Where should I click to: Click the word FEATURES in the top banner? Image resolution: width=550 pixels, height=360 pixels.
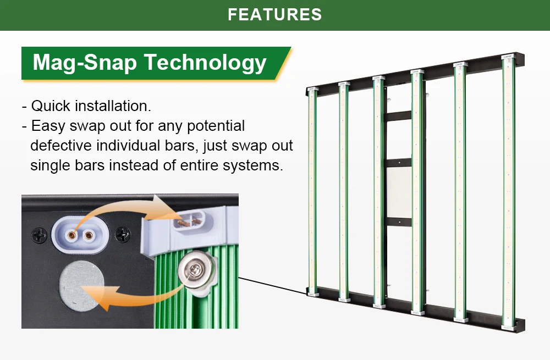tap(274, 14)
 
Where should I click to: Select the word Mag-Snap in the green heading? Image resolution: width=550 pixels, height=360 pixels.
tap(84, 63)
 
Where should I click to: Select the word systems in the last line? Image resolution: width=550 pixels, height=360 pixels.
tap(252, 165)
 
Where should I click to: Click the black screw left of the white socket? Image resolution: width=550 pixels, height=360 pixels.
tap(39, 235)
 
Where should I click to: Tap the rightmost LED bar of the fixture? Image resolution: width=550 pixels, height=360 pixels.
tap(509, 190)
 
